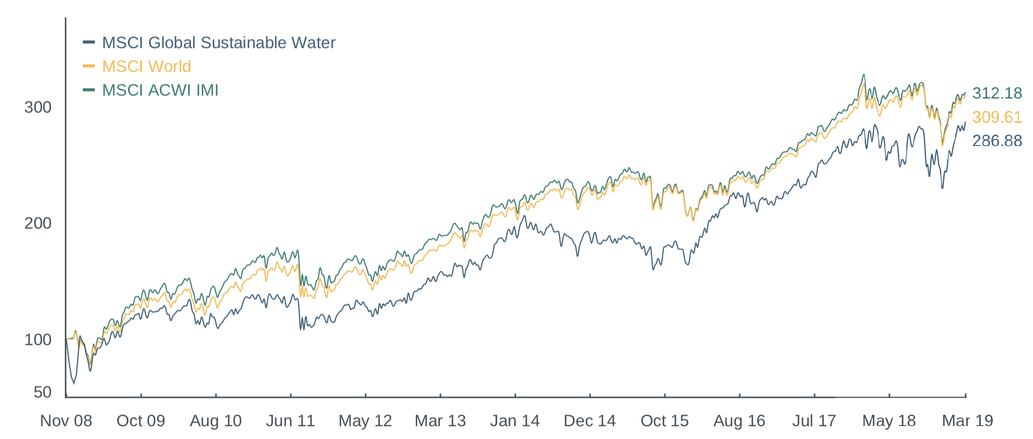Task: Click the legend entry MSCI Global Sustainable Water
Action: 218,43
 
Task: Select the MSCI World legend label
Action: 146,66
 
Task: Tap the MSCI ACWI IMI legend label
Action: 160,90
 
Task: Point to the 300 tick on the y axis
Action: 38,107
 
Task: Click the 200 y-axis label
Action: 38,223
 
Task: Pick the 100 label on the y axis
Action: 38,340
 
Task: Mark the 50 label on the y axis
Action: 43,392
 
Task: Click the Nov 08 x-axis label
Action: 66,421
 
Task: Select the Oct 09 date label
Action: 141,421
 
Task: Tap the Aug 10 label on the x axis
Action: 216,421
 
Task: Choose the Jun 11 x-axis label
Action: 290,421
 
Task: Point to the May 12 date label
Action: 365,421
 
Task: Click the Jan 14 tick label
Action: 515,421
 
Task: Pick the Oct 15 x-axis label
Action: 665,421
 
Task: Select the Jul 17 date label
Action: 814,421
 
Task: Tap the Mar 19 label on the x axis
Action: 968,421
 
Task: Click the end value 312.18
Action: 997,93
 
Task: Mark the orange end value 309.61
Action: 997,117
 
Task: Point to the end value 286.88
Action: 997,141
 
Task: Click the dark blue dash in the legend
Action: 89,43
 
